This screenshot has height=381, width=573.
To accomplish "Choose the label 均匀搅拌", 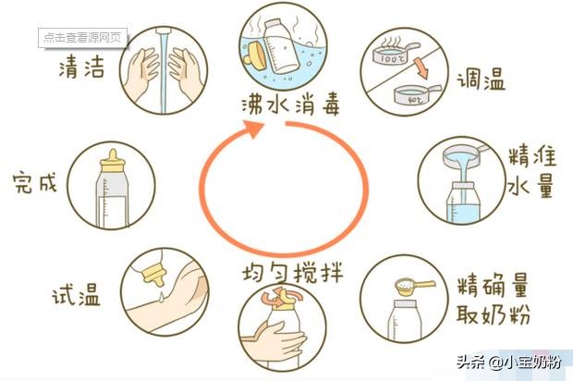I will tap(287, 275).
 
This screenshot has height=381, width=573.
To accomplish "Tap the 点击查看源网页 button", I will tap(82, 38).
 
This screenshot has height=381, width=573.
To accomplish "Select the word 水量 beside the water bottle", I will tap(530, 186).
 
